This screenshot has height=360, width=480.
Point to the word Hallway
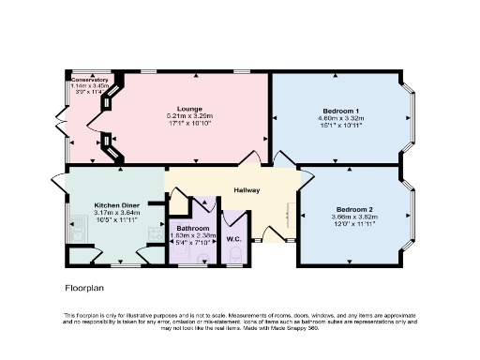pos(247,190)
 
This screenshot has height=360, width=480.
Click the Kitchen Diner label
pos(116,204)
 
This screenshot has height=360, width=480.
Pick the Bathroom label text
pos(193,228)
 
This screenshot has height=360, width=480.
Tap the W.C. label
pos(233,239)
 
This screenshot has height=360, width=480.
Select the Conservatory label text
pos(90,81)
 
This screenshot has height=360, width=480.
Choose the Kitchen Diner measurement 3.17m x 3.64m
pos(116,213)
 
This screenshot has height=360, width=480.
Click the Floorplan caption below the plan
pos(83,288)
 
